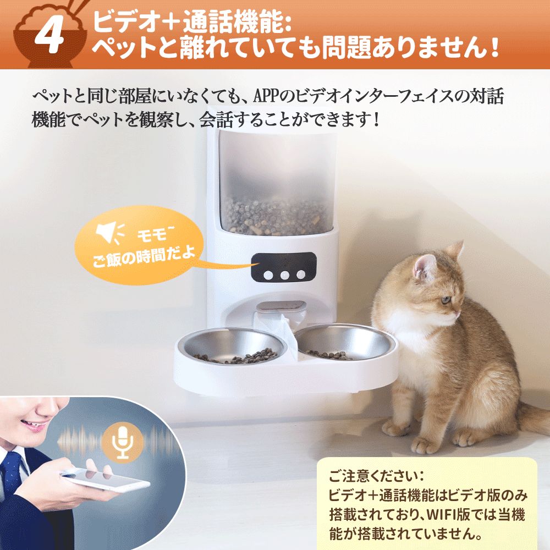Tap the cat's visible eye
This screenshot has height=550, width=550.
tap(446, 300)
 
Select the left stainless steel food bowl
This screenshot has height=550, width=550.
tap(233, 346)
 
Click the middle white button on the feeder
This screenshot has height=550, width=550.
tap(284, 275)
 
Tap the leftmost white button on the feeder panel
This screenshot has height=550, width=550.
tap(268, 275)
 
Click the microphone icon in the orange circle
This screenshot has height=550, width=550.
tap(123, 443)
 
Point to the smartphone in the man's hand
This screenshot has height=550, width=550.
tap(105, 480)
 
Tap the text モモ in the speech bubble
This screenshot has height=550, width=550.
tap(152, 234)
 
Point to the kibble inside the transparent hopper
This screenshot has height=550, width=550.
tap(276, 216)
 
